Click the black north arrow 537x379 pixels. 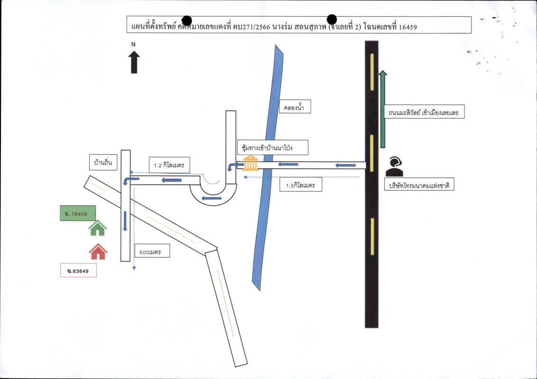tap(134, 62)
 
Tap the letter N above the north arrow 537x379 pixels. tap(134, 45)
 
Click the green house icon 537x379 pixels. tap(98, 228)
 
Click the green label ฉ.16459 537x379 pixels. tap(78, 213)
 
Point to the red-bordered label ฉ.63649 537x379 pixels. tap(79, 270)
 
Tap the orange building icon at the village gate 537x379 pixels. tap(250, 163)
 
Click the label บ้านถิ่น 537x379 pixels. tap(103, 162)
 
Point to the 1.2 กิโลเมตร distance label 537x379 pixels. tap(169, 165)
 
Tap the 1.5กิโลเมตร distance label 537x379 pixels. tap(301, 184)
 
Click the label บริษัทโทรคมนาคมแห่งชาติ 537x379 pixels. tap(419, 186)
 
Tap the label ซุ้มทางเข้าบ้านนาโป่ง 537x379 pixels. tap(273, 148)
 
